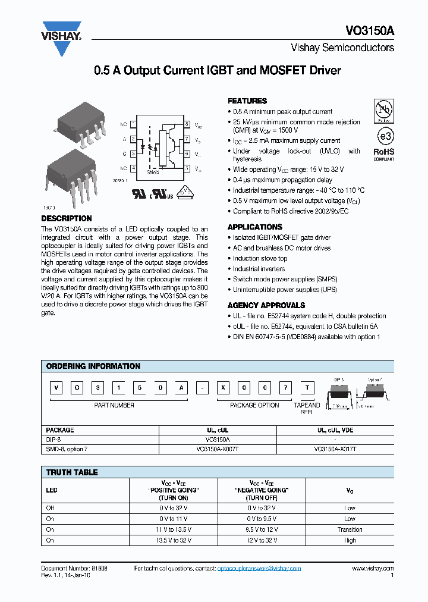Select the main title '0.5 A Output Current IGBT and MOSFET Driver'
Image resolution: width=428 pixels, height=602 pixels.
pos(218,71)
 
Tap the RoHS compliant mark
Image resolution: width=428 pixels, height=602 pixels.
pos(383,153)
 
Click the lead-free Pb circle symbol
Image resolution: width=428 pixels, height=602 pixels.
pos(383,111)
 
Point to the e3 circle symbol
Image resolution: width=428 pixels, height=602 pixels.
pos(383,135)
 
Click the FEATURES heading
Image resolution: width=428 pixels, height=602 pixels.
pos(247,101)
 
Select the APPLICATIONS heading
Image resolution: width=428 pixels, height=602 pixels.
pos(254,227)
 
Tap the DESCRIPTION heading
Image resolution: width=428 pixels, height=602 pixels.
pos(67,218)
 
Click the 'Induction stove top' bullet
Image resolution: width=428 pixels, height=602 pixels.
pos(260,258)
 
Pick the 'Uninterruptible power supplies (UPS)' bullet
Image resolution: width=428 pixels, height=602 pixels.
pos(285,289)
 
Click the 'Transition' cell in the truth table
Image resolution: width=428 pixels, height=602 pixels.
pos(350,529)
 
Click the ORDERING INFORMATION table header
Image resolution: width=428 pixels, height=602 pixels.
pos(93,366)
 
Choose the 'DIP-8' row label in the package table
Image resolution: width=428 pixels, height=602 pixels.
pos(54,440)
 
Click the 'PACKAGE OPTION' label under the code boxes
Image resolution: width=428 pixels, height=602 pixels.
pos(254,405)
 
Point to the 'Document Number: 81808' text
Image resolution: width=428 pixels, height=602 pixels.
pos(74,568)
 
